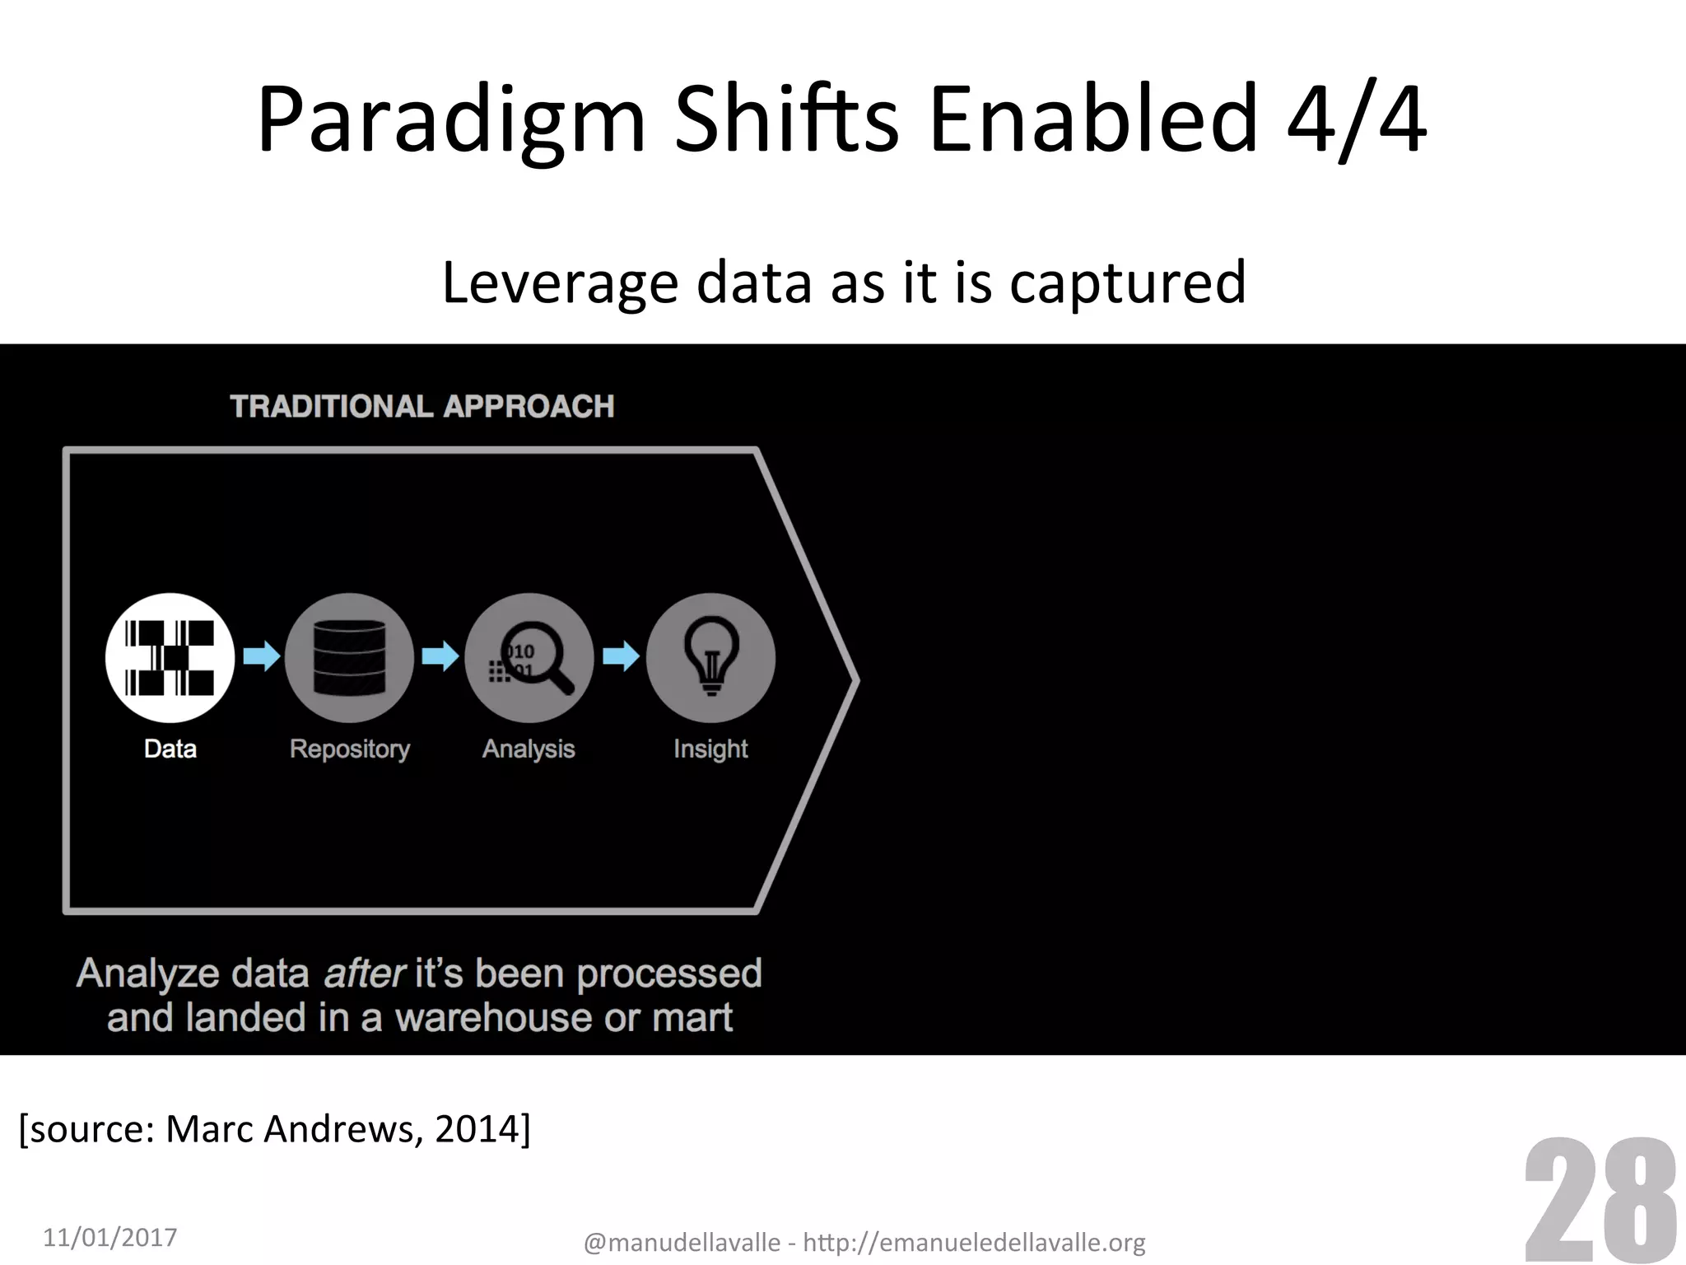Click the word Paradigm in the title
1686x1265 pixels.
click(x=451, y=122)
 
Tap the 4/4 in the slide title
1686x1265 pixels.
click(x=1356, y=122)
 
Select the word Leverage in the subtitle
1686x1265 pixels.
click(x=560, y=283)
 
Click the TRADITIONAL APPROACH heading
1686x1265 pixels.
click(x=422, y=407)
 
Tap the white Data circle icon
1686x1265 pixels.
click(x=170, y=658)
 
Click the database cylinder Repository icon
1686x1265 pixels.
click(x=349, y=658)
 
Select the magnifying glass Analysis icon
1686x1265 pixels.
click(x=529, y=658)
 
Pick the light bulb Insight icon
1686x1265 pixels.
click(x=710, y=658)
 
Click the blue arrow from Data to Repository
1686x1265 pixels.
click(x=262, y=656)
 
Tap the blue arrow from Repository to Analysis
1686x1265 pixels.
click(x=440, y=656)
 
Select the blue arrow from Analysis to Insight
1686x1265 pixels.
click(x=621, y=656)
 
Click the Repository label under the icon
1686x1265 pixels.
click(x=350, y=749)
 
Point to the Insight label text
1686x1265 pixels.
click(x=710, y=749)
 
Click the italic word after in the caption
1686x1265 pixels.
click(x=364, y=973)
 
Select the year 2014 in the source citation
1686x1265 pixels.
click(x=478, y=1129)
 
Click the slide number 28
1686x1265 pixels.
click(x=1600, y=1202)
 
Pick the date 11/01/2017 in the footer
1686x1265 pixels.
click(x=110, y=1237)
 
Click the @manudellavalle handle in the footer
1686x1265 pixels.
click(x=682, y=1242)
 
